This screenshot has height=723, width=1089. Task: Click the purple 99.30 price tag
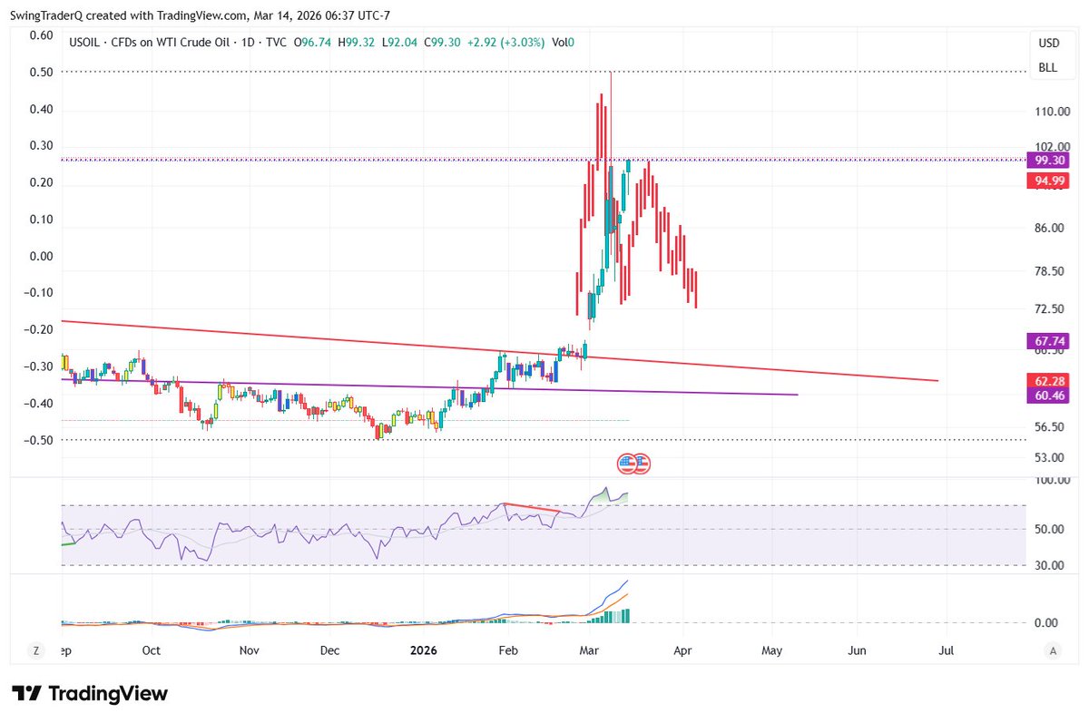[1048, 160]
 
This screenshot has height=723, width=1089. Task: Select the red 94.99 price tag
[1048, 181]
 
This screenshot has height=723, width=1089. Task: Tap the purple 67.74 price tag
[1048, 341]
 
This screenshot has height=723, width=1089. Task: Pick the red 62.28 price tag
[1048, 380]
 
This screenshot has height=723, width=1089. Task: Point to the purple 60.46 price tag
[1048, 396]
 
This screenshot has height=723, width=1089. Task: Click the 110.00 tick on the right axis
[1048, 112]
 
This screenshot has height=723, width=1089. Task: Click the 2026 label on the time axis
[426, 650]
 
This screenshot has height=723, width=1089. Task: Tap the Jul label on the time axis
[947, 650]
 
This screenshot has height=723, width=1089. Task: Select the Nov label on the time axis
[250, 650]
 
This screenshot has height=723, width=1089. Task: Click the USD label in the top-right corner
[1048, 44]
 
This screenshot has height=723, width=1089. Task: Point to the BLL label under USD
[1048, 68]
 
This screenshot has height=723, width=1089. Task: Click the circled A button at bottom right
[1053, 650]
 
